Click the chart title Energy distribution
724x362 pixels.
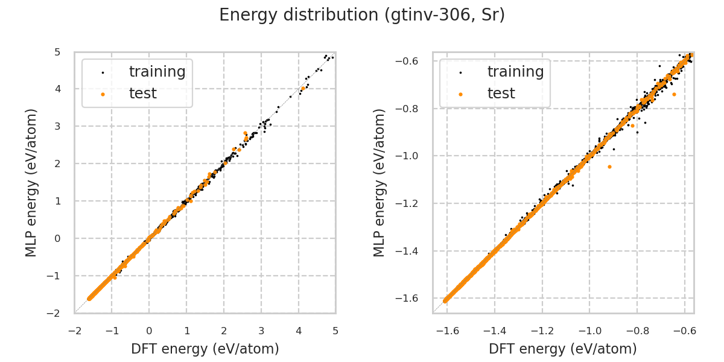[x=362, y=15]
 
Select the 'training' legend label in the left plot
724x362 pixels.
[x=157, y=72]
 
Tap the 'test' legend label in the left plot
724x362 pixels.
[x=142, y=94]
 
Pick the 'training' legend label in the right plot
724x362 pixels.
[x=515, y=72]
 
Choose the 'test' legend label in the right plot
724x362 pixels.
[x=501, y=94]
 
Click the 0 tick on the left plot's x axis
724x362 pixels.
[x=149, y=331]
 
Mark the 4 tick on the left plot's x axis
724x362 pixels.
[x=298, y=331]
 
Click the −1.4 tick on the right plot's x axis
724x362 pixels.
[x=494, y=331]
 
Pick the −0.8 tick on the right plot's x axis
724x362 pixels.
[x=637, y=331]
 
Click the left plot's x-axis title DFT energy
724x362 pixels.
[x=205, y=349]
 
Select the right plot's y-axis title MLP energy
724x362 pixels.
[x=379, y=182]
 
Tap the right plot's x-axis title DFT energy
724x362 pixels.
[x=563, y=349]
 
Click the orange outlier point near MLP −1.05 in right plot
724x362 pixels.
[x=609, y=167]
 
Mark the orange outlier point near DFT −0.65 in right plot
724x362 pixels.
[x=674, y=94]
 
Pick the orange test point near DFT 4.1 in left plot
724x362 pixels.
[x=303, y=88]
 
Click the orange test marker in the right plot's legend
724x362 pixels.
[x=460, y=94]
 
